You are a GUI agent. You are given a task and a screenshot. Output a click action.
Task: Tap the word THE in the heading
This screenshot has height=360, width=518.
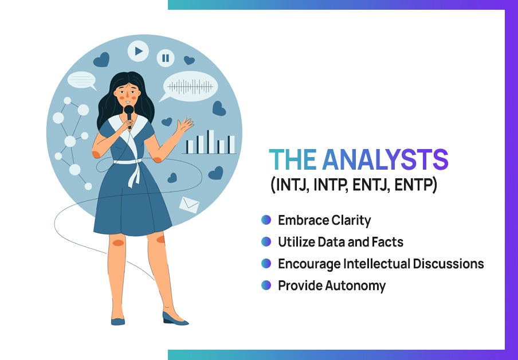point(293,160)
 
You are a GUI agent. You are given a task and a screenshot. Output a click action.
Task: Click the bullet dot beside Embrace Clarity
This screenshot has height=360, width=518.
point(266,220)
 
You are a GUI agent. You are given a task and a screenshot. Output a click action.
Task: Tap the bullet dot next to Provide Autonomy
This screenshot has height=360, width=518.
point(266,285)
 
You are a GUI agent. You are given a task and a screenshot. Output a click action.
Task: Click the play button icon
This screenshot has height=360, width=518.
point(138,51)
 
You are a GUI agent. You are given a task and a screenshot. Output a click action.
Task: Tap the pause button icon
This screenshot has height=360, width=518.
point(166,58)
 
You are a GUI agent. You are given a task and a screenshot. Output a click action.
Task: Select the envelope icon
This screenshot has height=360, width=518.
point(189,205)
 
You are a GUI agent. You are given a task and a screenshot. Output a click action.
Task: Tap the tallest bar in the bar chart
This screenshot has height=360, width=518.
point(211,142)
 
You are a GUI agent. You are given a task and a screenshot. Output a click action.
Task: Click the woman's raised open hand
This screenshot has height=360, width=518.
point(184,126)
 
